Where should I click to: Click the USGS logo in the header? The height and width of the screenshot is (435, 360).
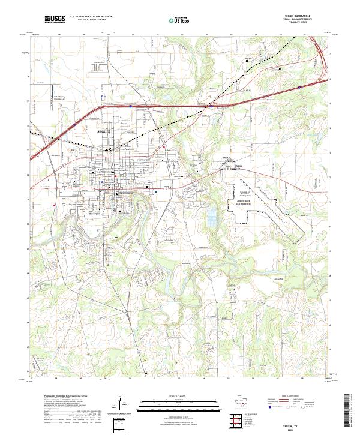tap(55, 19)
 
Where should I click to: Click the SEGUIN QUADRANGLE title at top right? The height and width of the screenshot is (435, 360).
tap(298, 16)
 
